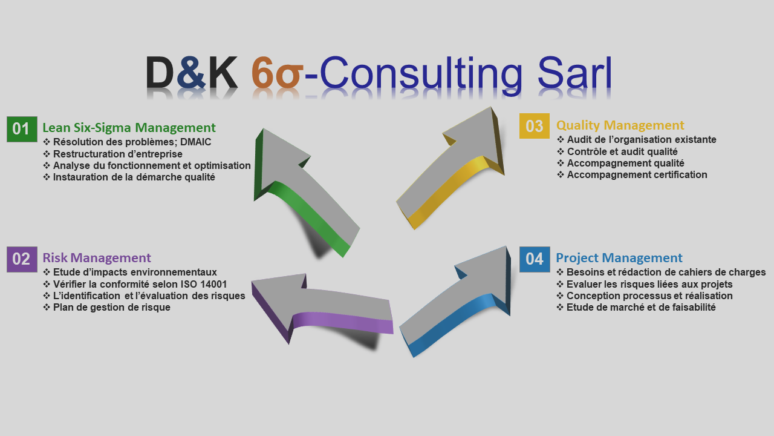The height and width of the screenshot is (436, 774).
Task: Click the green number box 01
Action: (x=22, y=129)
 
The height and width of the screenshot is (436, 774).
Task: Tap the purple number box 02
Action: (x=22, y=259)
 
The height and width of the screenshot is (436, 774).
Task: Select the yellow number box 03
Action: (x=535, y=126)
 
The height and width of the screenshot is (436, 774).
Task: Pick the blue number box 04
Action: (x=535, y=259)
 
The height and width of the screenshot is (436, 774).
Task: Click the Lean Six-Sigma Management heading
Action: (x=129, y=128)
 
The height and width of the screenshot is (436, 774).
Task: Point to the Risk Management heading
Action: (x=97, y=258)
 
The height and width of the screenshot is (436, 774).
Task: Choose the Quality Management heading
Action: (x=620, y=125)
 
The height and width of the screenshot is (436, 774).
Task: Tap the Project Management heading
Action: (x=619, y=258)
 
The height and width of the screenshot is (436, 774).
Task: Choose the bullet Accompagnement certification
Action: (x=637, y=174)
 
